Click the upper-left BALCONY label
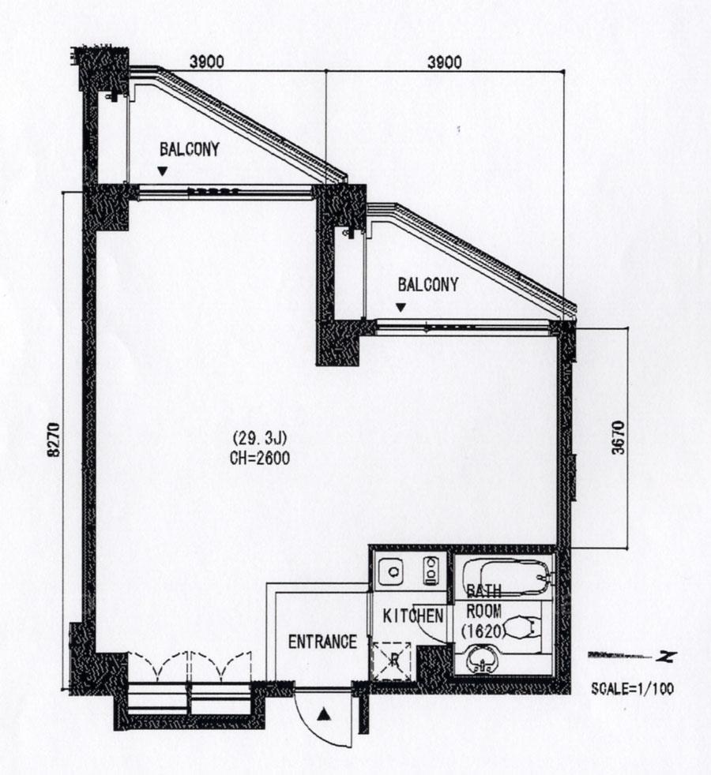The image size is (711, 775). [x=190, y=149]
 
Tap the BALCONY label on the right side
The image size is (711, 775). [x=428, y=285]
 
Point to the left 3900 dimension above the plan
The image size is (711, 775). [x=207, y=62]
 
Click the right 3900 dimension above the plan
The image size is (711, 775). [x=444, y=62]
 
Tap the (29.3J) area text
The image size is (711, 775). [x=260, y=439]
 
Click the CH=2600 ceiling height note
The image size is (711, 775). [x=260, y=459]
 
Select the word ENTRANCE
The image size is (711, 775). [x=322, y=642]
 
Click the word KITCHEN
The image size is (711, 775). [x=413, y=616]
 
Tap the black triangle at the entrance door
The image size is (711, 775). [x=324, y=714]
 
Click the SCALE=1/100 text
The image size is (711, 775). [x=632, y=688]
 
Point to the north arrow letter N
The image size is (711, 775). [x=667, y=657]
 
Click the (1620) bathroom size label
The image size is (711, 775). [x=483, y=631]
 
